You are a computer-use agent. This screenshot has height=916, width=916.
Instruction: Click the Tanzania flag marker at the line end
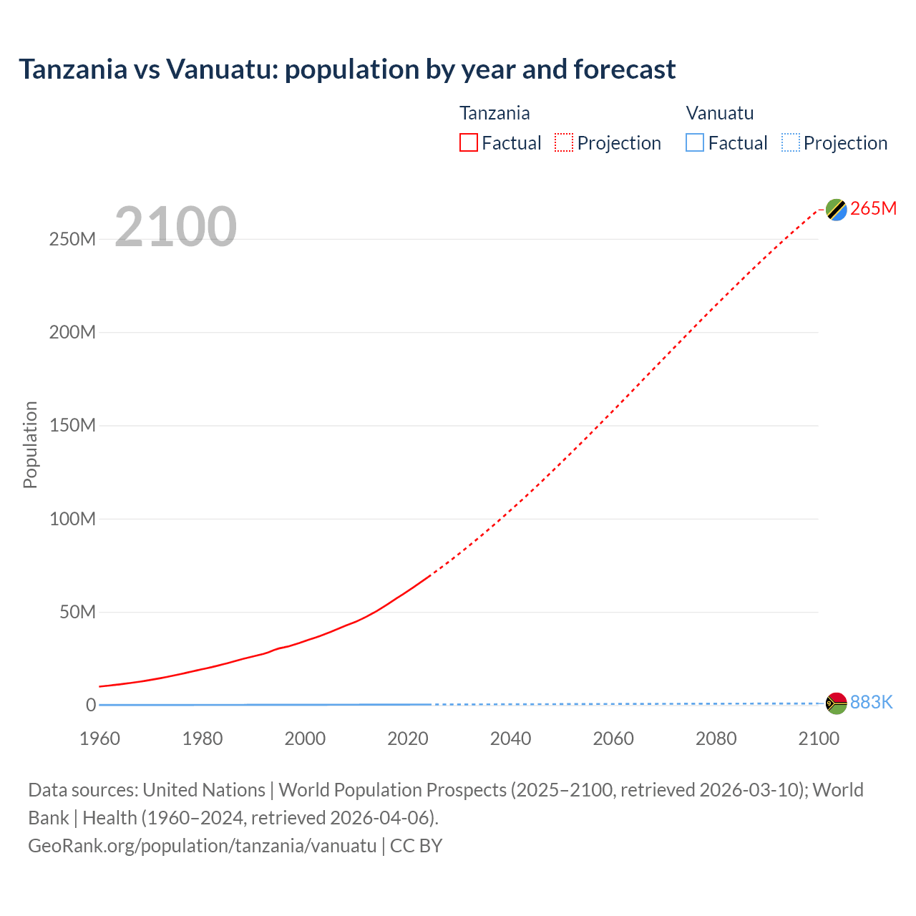(836, 210)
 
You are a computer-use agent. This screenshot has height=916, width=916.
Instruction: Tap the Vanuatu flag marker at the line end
(836, 703)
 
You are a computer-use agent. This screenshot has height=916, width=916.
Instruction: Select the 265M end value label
(873, 208)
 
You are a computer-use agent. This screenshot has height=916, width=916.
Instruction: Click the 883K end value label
(871, 702)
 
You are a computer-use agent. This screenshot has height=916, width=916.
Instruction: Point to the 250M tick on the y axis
(72, 239)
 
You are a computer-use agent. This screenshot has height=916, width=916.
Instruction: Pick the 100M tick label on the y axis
(72, 519)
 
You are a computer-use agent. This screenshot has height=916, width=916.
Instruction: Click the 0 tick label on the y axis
(91, 705)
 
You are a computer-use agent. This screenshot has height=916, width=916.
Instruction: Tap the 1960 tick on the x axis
(99, 739)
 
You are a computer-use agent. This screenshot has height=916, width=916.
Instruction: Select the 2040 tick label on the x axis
(510, 739)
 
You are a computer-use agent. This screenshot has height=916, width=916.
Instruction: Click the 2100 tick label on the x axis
(819, 739)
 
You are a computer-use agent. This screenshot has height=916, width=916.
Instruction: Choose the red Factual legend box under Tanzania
(469, 142)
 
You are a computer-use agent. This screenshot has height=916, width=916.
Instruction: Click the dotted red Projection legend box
(564, 142)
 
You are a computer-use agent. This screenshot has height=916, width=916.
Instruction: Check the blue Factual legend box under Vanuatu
(695, 142)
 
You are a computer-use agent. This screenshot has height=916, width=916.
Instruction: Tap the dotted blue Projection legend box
(791, 142)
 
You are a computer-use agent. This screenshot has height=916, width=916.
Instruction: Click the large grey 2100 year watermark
(175, 226)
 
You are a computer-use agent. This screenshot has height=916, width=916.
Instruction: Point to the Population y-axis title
(30, 444)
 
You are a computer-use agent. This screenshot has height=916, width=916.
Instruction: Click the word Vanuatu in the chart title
(221, 69)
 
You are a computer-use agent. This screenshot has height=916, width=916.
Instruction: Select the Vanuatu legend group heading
(719, 113)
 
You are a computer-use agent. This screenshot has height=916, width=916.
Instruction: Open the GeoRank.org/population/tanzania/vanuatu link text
(202, 845)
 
